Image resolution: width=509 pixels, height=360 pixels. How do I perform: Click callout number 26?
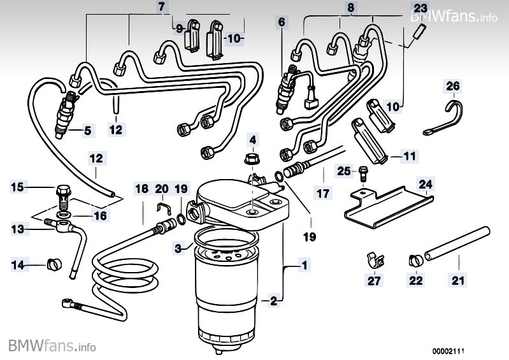[x=452, y=85]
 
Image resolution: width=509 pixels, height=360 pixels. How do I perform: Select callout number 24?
[x=426, y=185]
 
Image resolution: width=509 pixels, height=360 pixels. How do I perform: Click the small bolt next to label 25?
[x=362, y=172]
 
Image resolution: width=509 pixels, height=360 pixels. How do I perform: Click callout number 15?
[x=18, y=187]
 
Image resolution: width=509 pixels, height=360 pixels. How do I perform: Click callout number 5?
[x=88, y=131]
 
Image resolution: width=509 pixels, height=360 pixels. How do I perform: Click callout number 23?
[x=420, y=8]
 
